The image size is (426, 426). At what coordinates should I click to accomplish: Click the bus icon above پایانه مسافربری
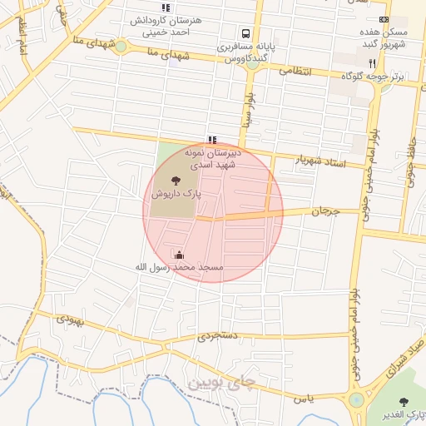pyautogui.click(x=245, y=34)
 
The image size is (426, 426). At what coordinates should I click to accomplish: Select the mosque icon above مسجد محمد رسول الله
pyautogui.click(x=180, y=254)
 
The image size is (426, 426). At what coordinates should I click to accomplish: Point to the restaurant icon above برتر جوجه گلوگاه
pyautogui.click(x=372, y=62)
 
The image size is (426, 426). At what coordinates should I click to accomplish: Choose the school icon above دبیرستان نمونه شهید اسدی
pyautogui.click(x=212, y=140)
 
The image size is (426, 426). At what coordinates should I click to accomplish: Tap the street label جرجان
pyautogui.click(x=326, y=212)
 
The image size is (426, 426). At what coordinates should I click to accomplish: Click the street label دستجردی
pyautogui.click(x=218, y=337)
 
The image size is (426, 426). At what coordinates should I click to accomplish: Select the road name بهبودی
pyautogui.click(x=72, y=319)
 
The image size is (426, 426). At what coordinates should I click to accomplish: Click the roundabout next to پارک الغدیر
pyautogui.click(x=357, y=400)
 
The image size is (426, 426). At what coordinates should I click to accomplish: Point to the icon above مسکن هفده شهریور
pyautogui.click(x=384, y=18)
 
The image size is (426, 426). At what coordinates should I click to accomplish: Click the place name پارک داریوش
pyautogui.click(x=176, y=193)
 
